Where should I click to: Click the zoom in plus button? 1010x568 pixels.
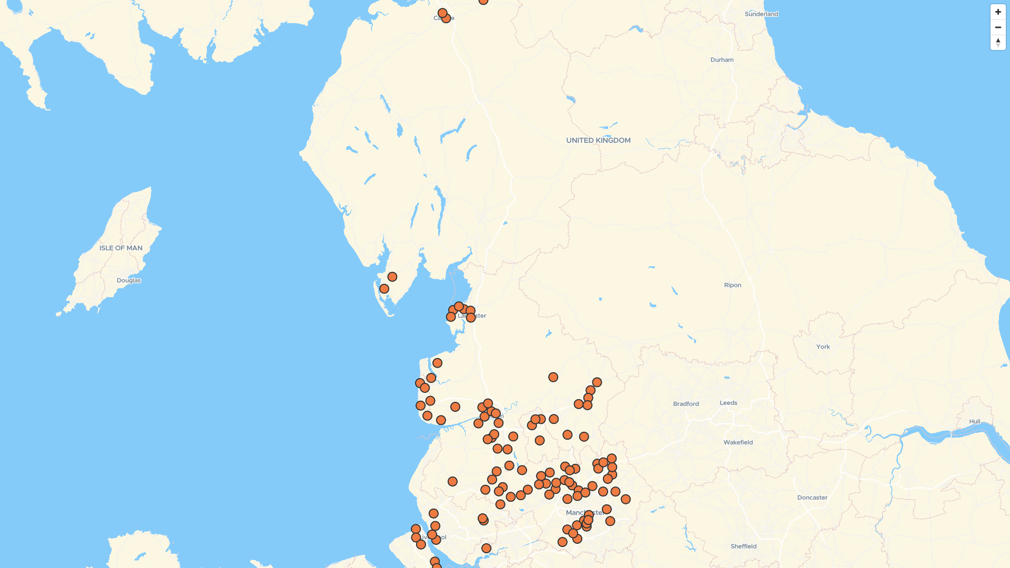(x=998, y=12)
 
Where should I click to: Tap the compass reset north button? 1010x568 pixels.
(x=998, y=43)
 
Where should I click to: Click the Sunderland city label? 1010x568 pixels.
(x=761, y=14)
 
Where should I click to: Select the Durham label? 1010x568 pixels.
(x=722, y=60)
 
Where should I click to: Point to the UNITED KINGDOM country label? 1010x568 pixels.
(x=598, y=140)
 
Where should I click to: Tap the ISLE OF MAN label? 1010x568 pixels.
(x=121, y=248)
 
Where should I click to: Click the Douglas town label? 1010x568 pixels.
(x=129, y=280)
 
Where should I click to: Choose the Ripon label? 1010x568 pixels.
(x=732, y=285)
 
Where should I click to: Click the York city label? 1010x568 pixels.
(x=823, y=347)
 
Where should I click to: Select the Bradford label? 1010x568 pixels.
(x=686, y=404)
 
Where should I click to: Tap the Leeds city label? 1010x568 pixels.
(x=728, y=403)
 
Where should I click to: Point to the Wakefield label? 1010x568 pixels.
(x=738, y=442)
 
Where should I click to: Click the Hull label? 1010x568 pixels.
(x=975, y=421)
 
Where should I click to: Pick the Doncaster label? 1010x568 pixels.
(x=812, y=498)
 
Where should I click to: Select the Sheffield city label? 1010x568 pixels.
(x=743, y=546)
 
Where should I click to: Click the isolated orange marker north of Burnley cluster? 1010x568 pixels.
(x=553, y=377)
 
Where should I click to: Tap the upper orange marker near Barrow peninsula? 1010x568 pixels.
(x=392, y=277)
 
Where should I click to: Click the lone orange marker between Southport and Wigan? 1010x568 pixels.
(x=452, y=481)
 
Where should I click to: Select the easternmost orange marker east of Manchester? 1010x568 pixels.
(x=625, y=499)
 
